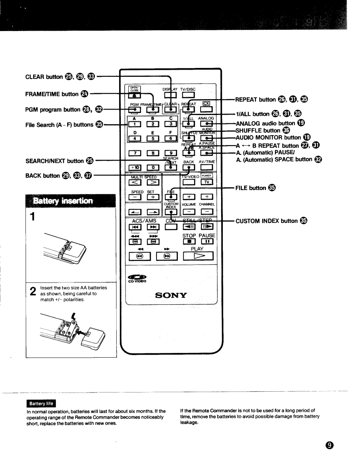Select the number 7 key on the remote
(136, 152)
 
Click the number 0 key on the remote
(153, 168)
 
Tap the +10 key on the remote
(136, 168)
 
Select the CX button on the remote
(206, 103)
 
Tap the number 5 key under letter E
(153, 138)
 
